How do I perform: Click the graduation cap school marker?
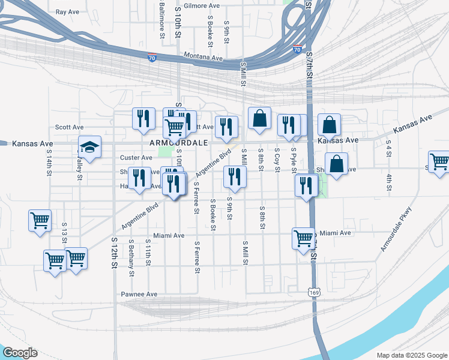tap(89, 148)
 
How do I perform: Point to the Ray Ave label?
tap(67, 11)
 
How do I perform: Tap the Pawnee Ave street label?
tap(139, 294)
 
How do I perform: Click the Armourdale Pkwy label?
tap(397, 229)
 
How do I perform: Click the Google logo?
tap(20, 353)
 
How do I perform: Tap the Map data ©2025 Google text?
tap(411, 355)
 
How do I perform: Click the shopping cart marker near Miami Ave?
tap(303, 238)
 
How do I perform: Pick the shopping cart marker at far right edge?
tap(439, 161)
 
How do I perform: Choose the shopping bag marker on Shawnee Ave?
tap(337, 163)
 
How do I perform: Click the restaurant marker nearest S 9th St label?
tap(234, 176)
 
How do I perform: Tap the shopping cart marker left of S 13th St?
tap(40, 220)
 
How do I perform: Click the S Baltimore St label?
tap(162, 21)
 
